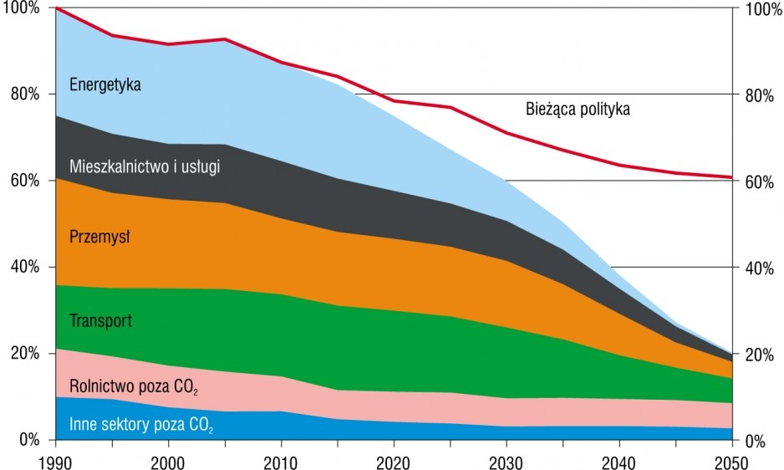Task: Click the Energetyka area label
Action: [105, 84]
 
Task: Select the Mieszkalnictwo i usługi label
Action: [145, 166]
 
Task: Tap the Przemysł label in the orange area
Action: [99, 237]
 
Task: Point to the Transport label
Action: [100, 320]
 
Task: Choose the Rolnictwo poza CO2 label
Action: [134, 387]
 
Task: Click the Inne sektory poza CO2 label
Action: [141, 425]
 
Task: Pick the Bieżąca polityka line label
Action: [578, 109]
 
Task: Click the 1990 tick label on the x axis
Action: [55, 462]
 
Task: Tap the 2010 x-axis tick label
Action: [281, 462]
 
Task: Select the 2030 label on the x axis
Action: [507, 462]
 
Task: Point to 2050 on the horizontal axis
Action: [732, 462]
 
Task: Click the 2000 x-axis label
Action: [168, 462]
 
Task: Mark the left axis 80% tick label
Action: [25, 95]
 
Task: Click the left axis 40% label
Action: [25, 267]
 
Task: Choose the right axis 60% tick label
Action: [760, 181]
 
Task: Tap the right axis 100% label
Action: [763, 9]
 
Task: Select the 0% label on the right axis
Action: [756, 441]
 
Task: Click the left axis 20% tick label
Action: [25, 354]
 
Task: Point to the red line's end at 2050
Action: [732, 177]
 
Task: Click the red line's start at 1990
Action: [56, 8]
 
